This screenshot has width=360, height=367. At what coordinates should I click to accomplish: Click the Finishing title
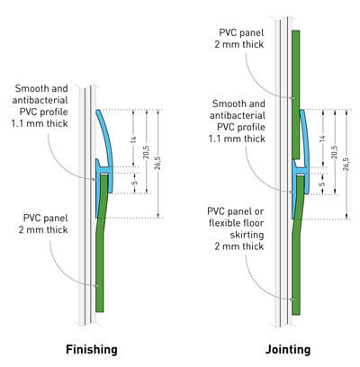pos(92,350)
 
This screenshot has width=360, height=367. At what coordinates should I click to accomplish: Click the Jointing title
pos(288,350)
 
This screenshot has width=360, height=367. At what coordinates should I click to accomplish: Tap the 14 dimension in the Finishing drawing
pos(133,139)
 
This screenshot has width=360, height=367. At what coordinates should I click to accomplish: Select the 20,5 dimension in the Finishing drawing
pos(146,152)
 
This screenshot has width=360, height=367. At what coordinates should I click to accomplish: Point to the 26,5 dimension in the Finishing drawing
pos(157,163)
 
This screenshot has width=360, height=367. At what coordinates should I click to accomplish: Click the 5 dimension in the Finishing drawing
pos(135,183)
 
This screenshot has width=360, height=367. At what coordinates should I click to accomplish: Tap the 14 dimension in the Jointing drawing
pos(322,139)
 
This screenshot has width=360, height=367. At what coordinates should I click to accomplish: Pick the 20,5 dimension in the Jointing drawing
pos(335,152)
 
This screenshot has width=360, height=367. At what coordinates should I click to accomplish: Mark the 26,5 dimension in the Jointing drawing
pos(346,164)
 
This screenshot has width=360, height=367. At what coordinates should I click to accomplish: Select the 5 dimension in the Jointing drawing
pos(322,183)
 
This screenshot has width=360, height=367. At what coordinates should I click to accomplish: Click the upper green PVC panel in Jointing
pos(296,94)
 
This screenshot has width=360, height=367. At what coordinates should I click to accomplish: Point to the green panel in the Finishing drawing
pos(101,255)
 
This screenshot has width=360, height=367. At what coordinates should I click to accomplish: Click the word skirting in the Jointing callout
pos(247,235)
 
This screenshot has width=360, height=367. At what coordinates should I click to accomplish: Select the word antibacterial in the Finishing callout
pos(40,100)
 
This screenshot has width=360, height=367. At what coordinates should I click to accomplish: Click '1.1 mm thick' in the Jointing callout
pos(237,139)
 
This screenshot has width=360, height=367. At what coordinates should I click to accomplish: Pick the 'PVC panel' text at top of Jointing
pos(241,32)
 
